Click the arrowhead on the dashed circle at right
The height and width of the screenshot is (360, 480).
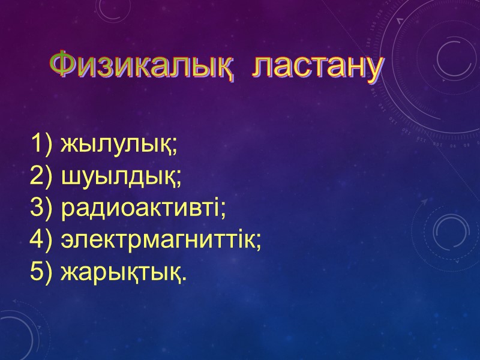(427, 203)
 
